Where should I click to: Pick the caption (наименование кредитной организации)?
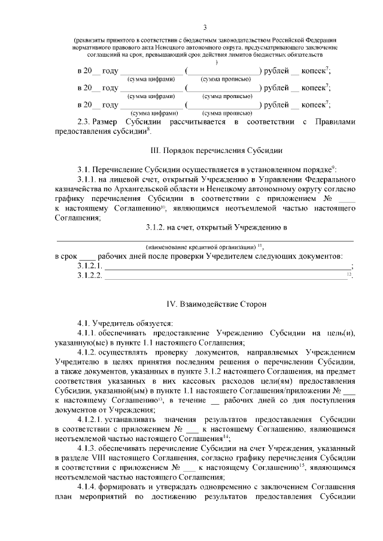[x=200, y=246]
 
